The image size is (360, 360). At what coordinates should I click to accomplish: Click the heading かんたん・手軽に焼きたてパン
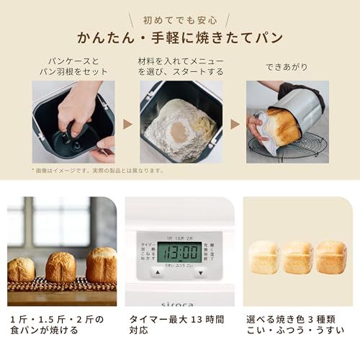180,37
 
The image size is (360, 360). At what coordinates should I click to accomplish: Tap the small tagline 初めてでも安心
179,19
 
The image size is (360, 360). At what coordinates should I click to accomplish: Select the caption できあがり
287,67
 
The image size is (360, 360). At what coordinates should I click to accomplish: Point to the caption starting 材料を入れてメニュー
180,67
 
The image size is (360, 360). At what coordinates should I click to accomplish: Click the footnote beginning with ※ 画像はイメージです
97,171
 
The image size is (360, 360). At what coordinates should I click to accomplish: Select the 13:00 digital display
179,252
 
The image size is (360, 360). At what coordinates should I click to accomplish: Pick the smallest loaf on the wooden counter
21,269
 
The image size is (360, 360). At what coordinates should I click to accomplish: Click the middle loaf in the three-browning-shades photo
297,257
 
